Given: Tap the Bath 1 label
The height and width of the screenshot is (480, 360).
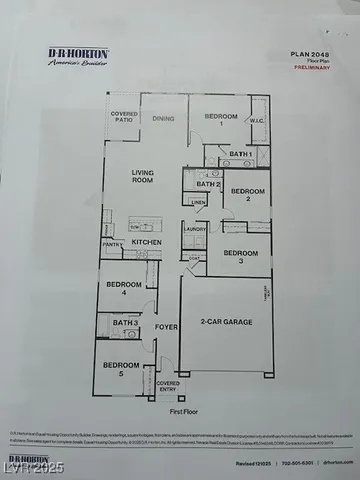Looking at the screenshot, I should click(240, 154).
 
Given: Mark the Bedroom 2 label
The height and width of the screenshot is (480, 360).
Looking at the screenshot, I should click(247, 194).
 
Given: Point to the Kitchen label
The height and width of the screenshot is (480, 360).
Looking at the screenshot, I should click(147, 242).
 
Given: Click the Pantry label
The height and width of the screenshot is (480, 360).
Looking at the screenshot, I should click(111, 244).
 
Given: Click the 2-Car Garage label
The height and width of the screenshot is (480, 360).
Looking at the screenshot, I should click(225, 322).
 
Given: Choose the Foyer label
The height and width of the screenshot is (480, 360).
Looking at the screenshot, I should click(166, 326).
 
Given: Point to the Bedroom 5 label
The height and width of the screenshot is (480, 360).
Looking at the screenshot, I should click(121, 367).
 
